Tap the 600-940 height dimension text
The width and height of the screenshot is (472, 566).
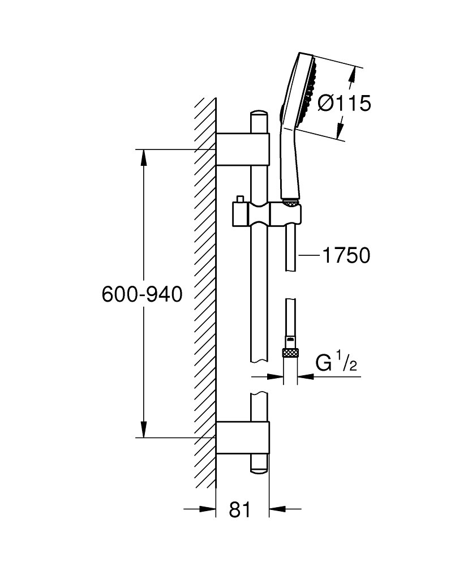point(142,294)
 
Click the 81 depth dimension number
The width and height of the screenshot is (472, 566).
point(241,509)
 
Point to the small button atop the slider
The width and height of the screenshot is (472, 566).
point(241,199)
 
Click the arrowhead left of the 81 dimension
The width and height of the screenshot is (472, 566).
point(210,509)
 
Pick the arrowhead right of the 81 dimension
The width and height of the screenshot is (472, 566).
point(275,509)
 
